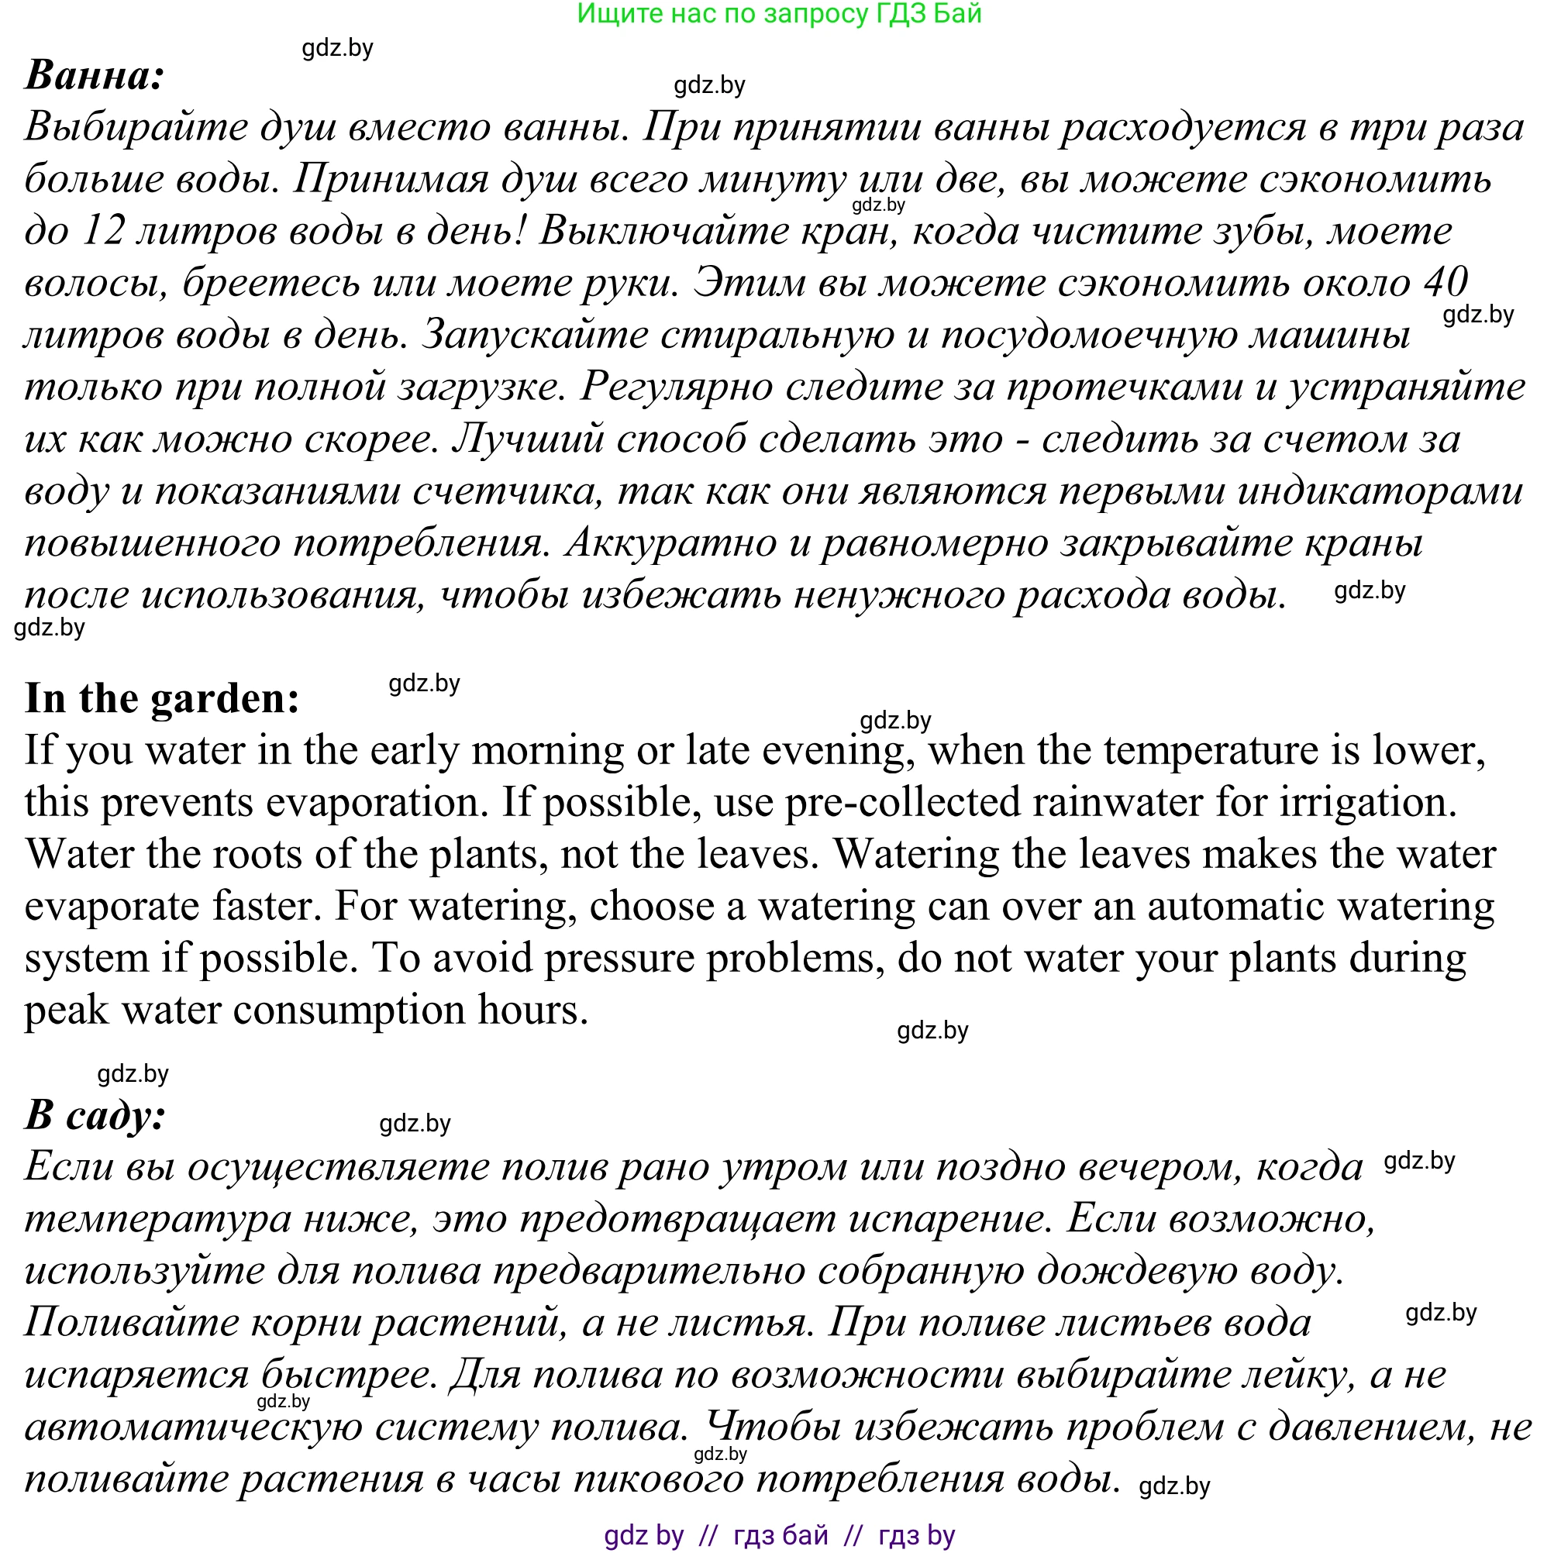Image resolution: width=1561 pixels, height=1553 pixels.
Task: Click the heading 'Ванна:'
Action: pyautogui.click(x=95, y=75)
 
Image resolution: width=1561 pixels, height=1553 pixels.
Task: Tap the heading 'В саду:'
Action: pyautogui.click(x=95, y=1115)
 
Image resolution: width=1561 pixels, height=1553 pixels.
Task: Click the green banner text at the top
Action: pyautogui.click(x=779, y=14)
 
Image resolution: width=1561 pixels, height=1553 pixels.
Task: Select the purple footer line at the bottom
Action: pyautogui.click(x=779, y=1535)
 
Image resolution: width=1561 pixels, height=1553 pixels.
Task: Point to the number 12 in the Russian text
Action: pyautogui.click(x=103, y=231)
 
